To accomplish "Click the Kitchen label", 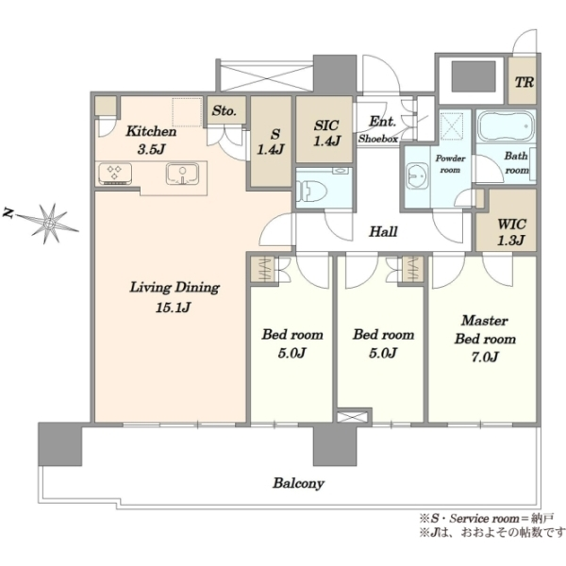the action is pyautogui.click(x=151, y=131).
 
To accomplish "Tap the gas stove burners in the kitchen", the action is pyautogui.click(x=115, y=174).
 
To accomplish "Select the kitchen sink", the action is pyautogui.click(x=182, y=174).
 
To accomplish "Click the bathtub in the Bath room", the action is pyautogui.click(x=506, y=126).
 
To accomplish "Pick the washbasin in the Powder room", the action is pyautogui.click(x=416, y=176).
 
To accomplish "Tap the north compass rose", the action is pyautogui.click(x=48, y=224).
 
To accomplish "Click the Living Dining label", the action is pyautogui.click(x=175, y=288).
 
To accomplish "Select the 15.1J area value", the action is pyautogui.click(x=174, y=308).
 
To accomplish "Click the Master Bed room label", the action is pyautogui.click(x=485, y=329).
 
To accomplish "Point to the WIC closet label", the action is pyautogui.click(x=511, y=225).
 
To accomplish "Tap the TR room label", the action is pyautogui.click(x=524, y=82).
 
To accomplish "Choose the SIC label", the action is pyautogui.click(x=326, y=125).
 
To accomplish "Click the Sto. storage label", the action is pyautogui.click(x=225, y=110).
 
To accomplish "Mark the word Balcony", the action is pyautogui.click(x=298, y=483).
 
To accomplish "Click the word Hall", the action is pyautogui.click(x=383, y=231).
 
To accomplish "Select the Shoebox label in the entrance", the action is pyautogui.click(x=378, y=139).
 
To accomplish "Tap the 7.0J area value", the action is pyautogui.click(x=485, y=357).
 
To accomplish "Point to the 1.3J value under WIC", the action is pyautogui.click(x=511, y=241).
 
